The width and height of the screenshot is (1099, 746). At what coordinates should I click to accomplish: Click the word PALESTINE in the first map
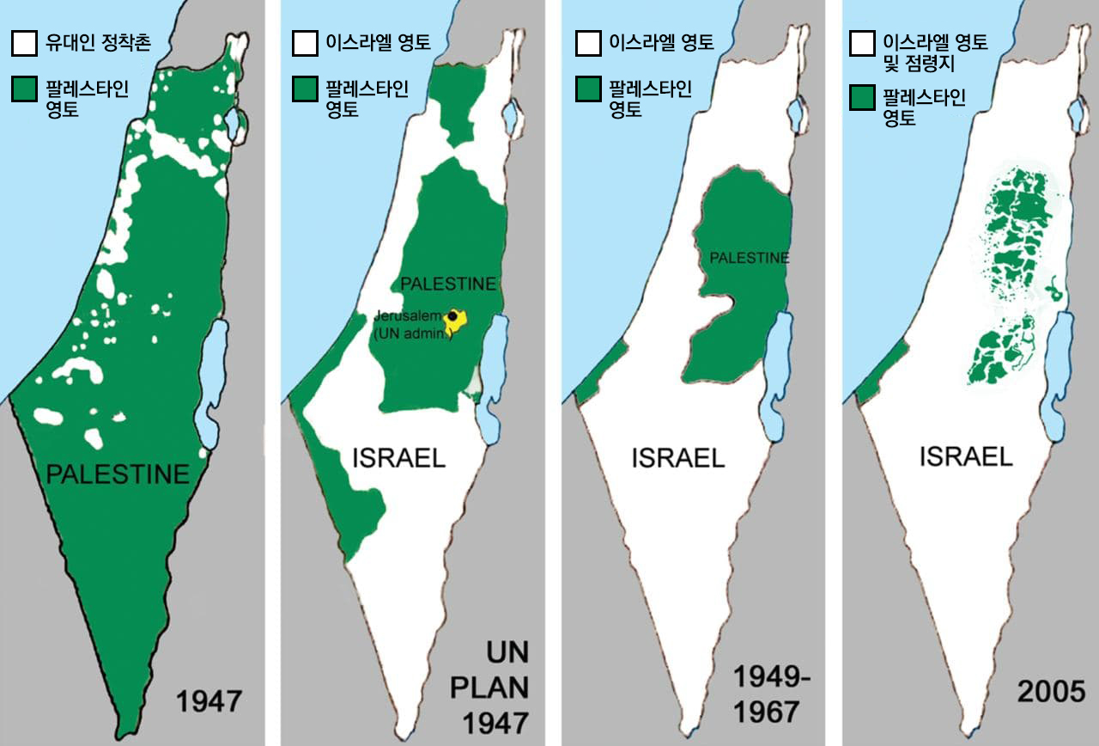[x=117, y=474]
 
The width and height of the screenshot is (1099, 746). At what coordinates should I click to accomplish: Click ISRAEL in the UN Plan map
[x=399, y=458]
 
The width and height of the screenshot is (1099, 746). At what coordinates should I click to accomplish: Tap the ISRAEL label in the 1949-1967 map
[x=678, y=458]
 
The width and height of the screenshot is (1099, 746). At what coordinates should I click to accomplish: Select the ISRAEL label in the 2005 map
[x=966, y=456]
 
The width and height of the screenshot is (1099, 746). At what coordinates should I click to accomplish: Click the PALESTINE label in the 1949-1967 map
[x=749, y=258]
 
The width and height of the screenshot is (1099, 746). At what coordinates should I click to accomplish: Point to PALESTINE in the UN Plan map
[x=449, y=284]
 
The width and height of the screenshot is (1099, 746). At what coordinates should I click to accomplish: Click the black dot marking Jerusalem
[x=452, y=316]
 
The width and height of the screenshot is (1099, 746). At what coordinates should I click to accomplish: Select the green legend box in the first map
[x=24, y=89]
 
